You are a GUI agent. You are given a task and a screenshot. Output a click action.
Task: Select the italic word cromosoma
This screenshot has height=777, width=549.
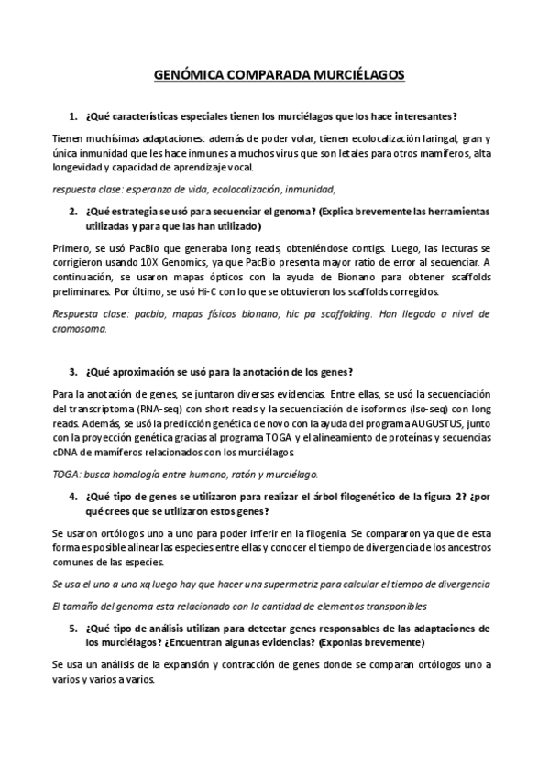pyautogui.click(x=79, y=328)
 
